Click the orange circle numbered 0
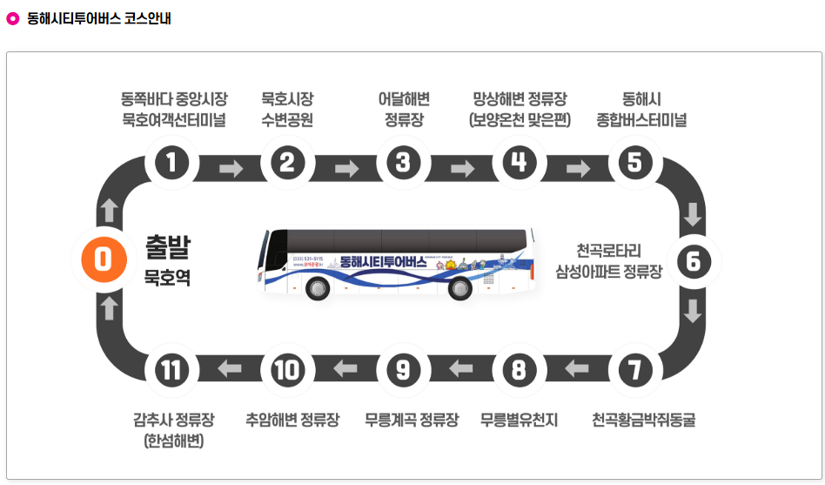tap(103, 259)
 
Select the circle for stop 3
tap(402, 162)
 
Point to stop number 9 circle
tap(402, 370)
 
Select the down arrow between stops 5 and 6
tap(694, 212)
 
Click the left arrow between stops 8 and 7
tap(576, 370)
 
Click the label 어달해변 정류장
tap(403, 110)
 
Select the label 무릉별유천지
tap(519, 421)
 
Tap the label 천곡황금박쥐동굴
tap(643, 421)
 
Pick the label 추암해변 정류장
tap(292, 421)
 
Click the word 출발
tap(167, 248)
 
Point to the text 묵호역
tap(167, 280)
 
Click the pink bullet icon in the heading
tap(12, 18)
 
